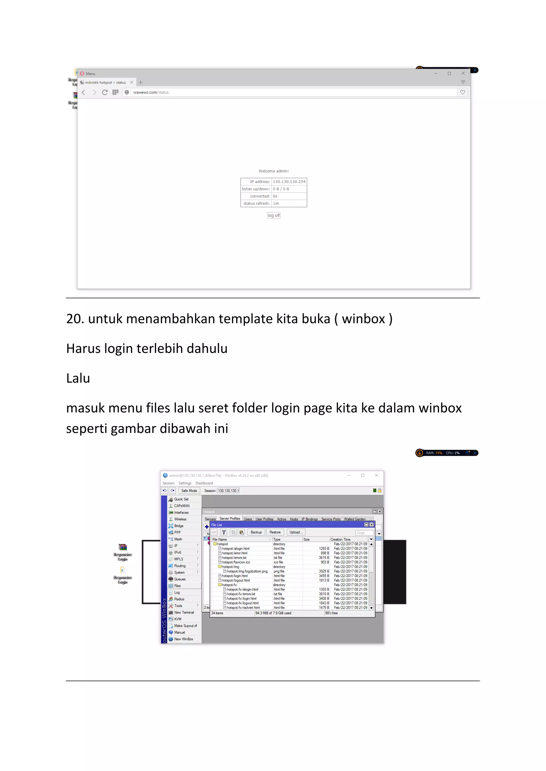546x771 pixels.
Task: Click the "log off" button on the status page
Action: click(x=274, y=216)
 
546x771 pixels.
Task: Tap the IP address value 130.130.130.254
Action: click(x=289, y=182)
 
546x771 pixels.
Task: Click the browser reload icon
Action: click(x=105, y=92)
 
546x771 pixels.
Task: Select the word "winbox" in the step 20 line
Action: click(x=363, y=319)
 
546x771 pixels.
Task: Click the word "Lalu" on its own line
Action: click(x=78, y=379)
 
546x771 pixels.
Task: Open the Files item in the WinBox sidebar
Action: click(x=178, y=586)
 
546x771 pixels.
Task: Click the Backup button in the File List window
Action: click(x=256, y=532)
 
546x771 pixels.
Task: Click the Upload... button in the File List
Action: click(x=296, y=532)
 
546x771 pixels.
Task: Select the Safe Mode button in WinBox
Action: click(x=189, y=491)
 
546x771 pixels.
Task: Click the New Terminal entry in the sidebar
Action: click(x=184, y=613)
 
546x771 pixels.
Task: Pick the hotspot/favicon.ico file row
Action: click(x=236, y=562)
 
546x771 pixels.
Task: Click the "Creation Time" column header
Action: click(x=340, y=539)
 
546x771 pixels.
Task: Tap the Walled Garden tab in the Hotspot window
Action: click(x=354, y=519)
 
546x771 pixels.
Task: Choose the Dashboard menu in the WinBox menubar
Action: click(x=204, y=483)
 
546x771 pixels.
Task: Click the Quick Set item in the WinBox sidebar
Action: click(x=181, y=499)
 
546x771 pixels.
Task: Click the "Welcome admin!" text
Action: click(x=274, y=171)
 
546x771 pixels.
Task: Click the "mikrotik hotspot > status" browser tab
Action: click(x=105, y=83)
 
